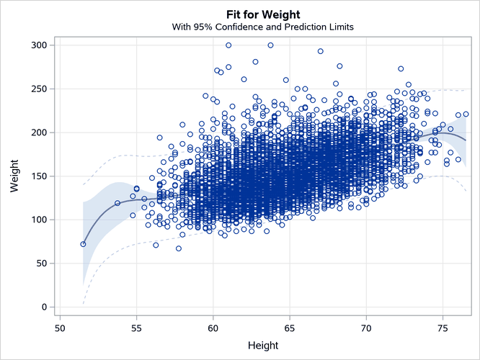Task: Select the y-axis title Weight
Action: click(x=14, y=176)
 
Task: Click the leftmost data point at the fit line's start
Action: click(x=83, y=244)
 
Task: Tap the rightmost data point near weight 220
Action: click(x=466, y=114)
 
